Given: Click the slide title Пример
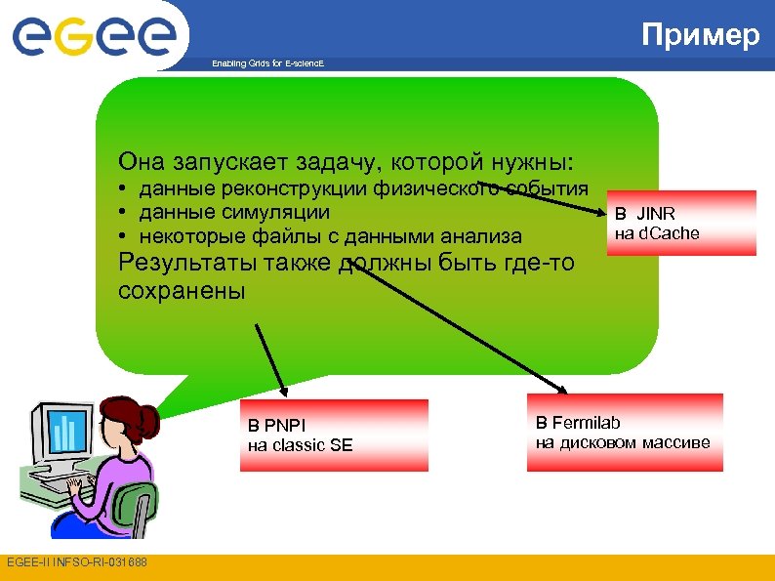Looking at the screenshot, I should pos(700,35).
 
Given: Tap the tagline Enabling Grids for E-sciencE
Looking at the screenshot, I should pos(267,63).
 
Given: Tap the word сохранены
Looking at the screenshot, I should pos(182,291).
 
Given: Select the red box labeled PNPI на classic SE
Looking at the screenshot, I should pos(334,436).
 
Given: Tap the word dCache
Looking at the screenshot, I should pos(670,233).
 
